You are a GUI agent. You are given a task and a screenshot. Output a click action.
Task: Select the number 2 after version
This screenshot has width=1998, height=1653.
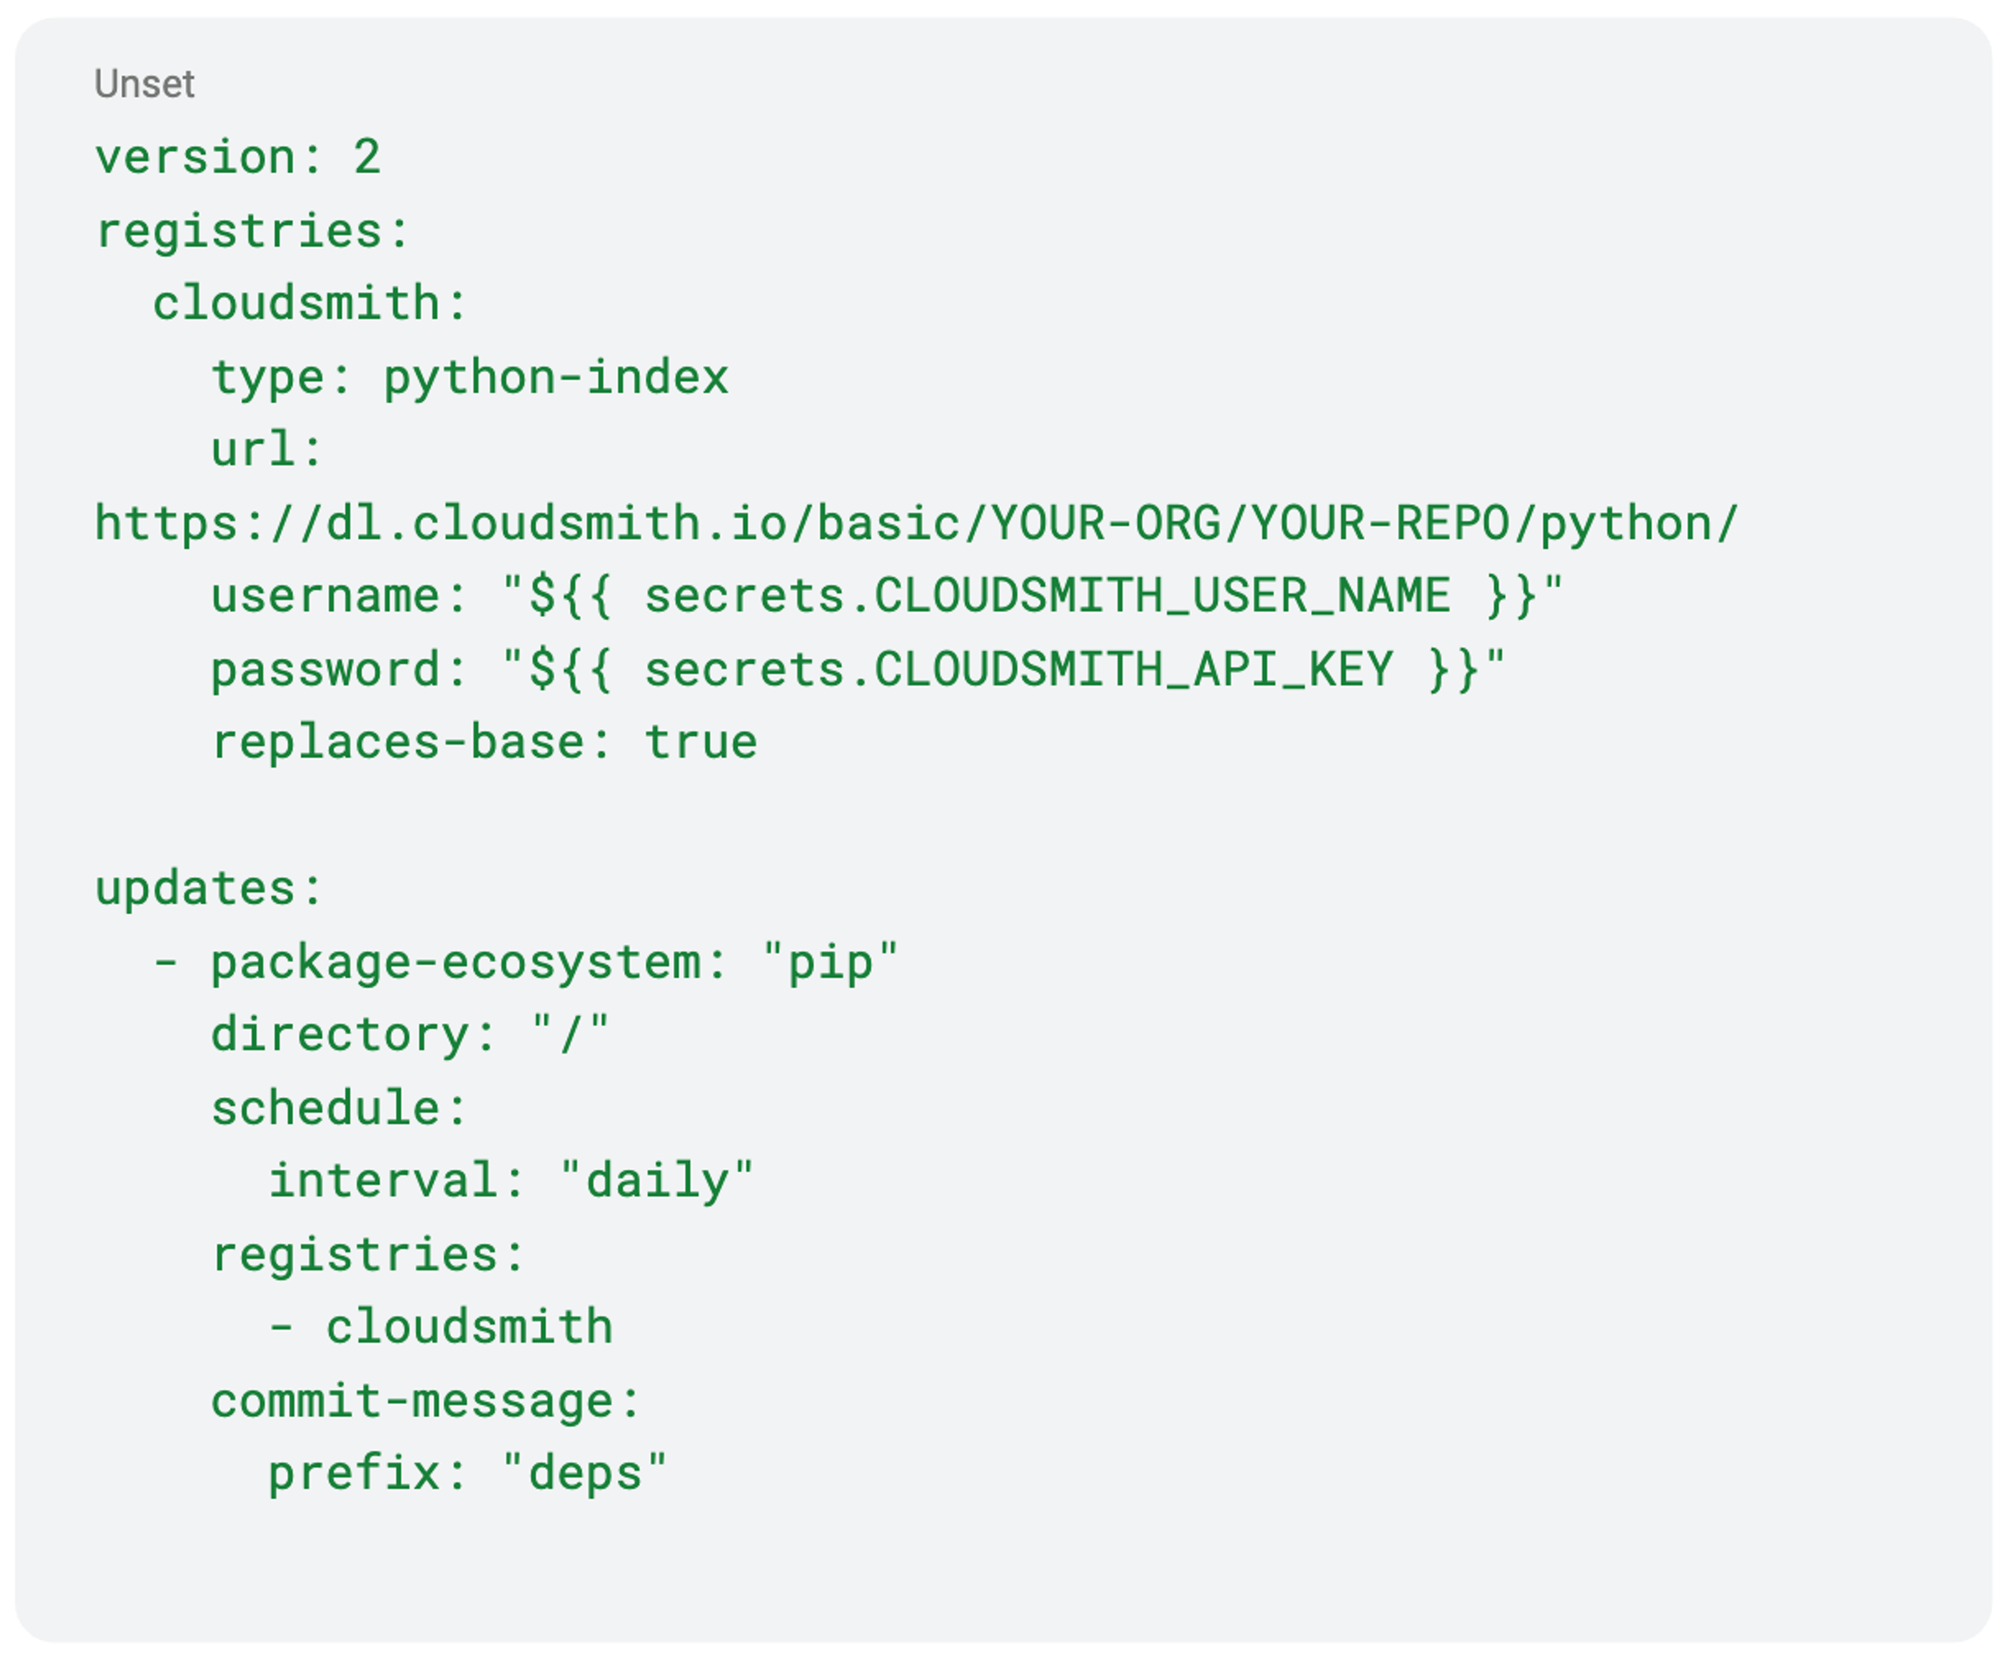(x=367, y=157)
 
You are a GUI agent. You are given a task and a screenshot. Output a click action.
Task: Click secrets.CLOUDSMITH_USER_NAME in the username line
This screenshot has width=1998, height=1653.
(x=1046, y=596)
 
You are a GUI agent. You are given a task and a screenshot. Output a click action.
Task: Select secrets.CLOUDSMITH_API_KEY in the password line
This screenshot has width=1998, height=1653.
(x=1018, y=669)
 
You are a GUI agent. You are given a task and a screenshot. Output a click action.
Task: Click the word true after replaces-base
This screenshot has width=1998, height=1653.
(x=700, y=742)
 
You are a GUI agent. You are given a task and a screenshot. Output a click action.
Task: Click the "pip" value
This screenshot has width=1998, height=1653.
(x=830, y=962)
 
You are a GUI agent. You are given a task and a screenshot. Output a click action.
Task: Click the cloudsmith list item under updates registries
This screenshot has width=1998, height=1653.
(x=469, y=1327)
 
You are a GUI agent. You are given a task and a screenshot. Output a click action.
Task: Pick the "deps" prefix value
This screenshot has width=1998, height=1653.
(x=584, y=1474)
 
